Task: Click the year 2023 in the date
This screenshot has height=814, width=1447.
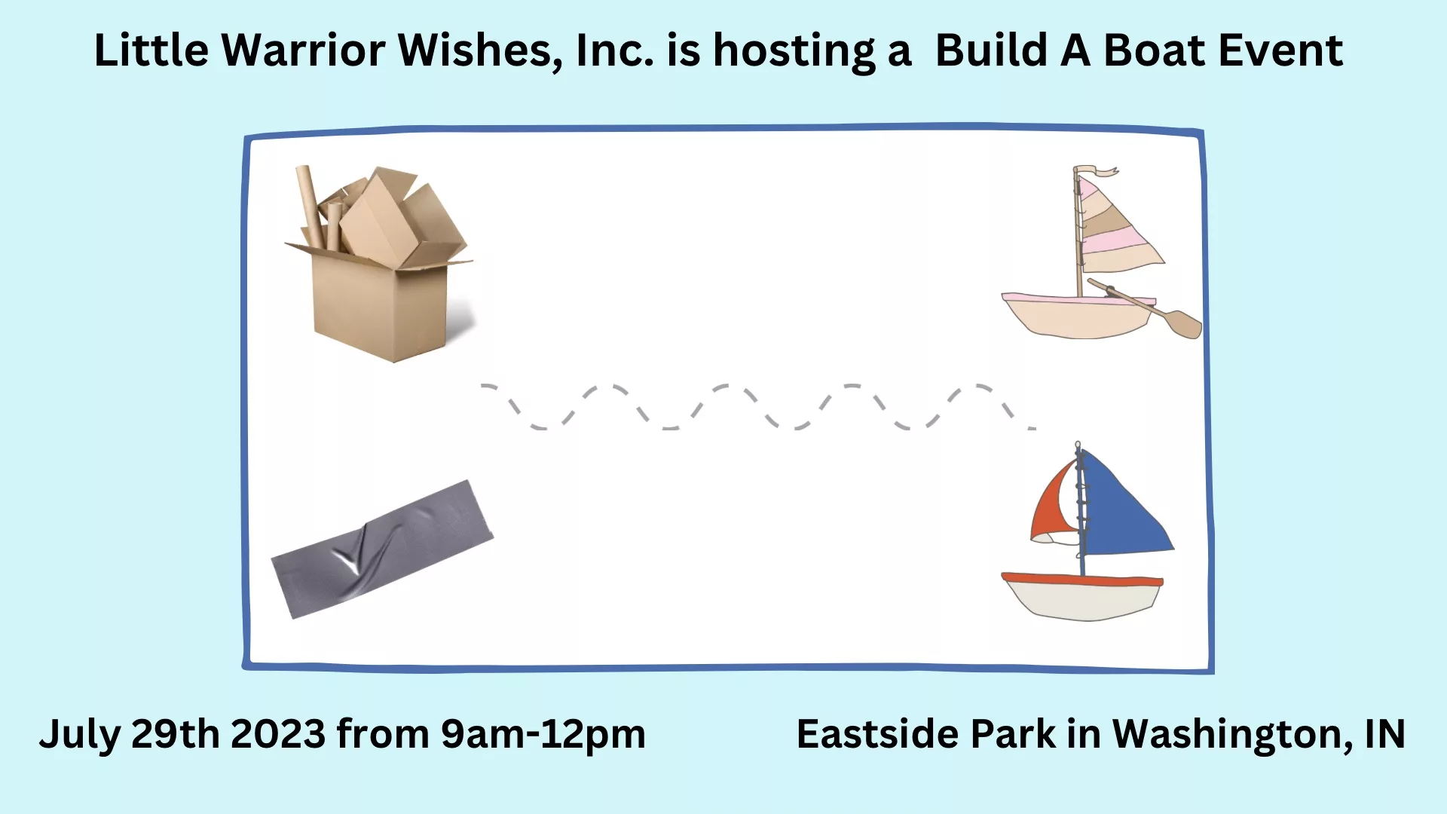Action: pyautogui.click(x=278, y=733)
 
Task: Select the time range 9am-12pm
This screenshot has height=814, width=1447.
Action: pyautogui.click(x=543, y=735)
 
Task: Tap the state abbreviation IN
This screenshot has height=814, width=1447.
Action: pyautogui.click(x=1385, y=733)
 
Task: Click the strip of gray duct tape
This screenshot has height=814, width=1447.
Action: pyautogui.click(x=382, y=549)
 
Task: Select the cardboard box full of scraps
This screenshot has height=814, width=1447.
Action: pyautogui.click(x=378, y=264)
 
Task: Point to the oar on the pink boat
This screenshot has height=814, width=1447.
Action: pyautogui.click(x=1146, y=309)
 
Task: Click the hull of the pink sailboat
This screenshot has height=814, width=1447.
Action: pyautogui.click(x=1078, y=316)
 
